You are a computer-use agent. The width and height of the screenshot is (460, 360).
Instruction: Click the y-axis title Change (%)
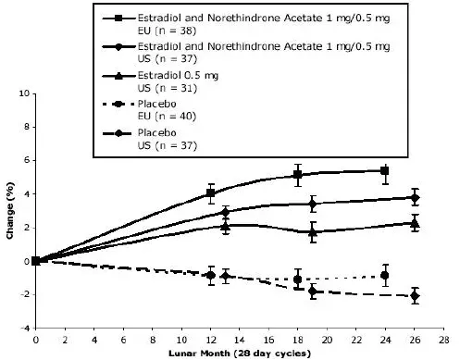coord(9,210)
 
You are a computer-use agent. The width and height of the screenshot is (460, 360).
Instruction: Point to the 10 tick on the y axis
coord(26,93)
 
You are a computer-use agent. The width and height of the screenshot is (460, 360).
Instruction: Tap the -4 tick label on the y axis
coord(25,328)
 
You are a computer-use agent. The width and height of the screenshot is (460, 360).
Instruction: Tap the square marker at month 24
coord(385,170)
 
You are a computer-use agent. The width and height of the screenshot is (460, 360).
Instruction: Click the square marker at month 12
coord(211,192)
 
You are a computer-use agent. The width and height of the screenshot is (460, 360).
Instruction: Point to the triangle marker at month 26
coord(415,223)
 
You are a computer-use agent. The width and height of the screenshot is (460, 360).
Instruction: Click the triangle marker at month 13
coord(225,225)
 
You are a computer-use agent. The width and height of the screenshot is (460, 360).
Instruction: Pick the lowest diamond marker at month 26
coord(415,296)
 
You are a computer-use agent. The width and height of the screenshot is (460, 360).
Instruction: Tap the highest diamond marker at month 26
coord(415,197)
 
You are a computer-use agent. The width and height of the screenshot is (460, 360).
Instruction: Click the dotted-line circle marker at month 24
coord(385,275)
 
